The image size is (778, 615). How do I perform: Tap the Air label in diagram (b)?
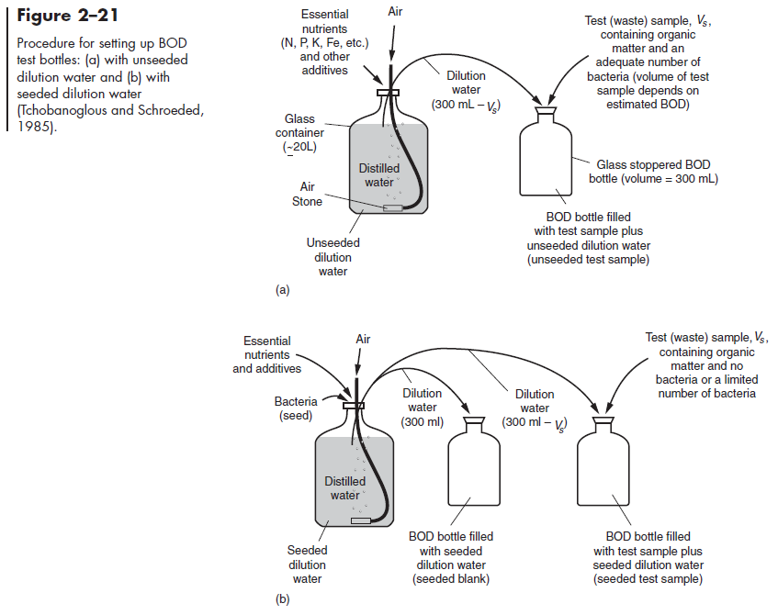pos(363,339)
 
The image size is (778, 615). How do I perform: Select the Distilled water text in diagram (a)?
pos(378,175)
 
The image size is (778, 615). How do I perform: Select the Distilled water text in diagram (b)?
pos(345,488)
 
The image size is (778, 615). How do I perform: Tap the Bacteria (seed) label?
pos(297,408)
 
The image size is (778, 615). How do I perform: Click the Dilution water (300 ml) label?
pos(423,408)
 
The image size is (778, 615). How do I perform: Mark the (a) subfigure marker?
pos(283,290)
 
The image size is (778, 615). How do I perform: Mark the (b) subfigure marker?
pos(283,600)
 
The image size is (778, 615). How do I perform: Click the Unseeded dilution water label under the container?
pos(333,257)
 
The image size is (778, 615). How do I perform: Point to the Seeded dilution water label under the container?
pos(307,565)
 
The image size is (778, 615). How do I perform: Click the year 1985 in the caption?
pos(36,127)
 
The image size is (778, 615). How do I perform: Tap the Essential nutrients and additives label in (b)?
pos(266,355)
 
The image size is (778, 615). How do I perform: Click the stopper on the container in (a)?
pos(389,92)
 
